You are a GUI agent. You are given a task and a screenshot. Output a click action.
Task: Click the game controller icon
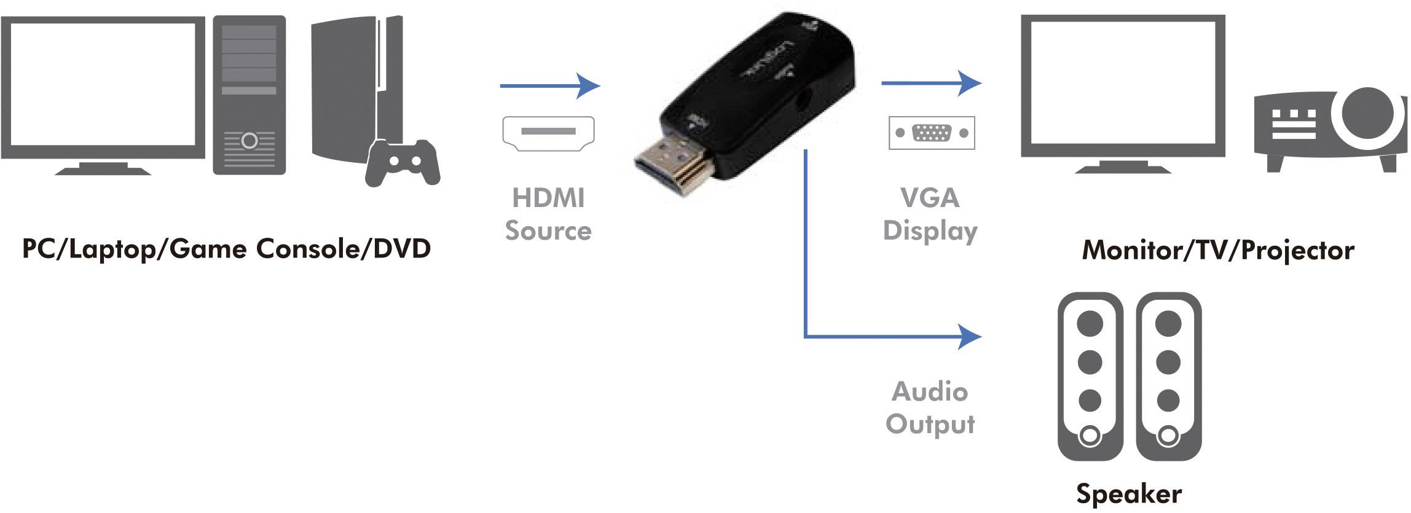[x=403, y=162]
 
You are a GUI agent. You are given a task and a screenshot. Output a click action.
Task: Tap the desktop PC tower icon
[x=249, y=95]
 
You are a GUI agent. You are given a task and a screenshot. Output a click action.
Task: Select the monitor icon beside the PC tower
[x=103, y=92]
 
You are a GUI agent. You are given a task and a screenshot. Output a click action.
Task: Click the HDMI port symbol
[x=548, y=133]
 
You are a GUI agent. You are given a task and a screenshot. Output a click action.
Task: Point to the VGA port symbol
[x=931, y=133]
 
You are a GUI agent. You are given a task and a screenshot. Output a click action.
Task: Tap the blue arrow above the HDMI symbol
[x=549, y=86]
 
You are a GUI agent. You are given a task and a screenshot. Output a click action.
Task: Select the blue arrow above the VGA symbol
[x=930, y=83]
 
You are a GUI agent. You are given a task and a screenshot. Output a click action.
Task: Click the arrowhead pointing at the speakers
[x=970, y=337]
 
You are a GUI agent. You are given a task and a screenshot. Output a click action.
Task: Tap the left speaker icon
[x=1090, y=376]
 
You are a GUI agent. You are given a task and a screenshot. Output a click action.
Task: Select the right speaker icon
[x=1168, y=376]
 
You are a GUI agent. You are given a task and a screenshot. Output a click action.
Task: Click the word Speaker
[x=1129, y=494]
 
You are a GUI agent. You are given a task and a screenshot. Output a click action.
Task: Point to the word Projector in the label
[x=1297, y=251]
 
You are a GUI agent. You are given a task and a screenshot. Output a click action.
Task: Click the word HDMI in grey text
[x=548, y=198]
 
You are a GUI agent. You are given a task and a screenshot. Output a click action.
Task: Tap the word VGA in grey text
[x=929, y=198]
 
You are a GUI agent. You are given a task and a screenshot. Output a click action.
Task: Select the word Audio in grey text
[x=929, y=392]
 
